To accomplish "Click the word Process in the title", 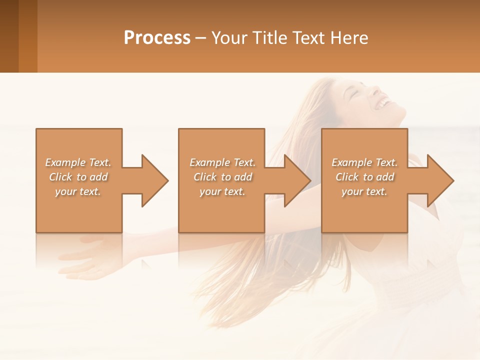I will [x=157, y=38].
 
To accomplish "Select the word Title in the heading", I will [x=269, y=38].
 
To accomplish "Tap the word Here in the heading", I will [x=349, y=38].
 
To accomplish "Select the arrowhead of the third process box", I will [x=439, y=180].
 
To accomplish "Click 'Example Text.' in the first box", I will [x=78, y=162].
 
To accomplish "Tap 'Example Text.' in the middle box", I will [x=222, y=162].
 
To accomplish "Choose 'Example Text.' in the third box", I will [x=364, y=162].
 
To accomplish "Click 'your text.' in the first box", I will [x=78, y=191].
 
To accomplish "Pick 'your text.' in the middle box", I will [x=222, y=191].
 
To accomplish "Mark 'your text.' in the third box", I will [x=364, y=191].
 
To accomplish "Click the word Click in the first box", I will [x=60, y=177].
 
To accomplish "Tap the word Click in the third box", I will [x=347, y=177].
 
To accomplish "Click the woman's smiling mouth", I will [x=383, y=103].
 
